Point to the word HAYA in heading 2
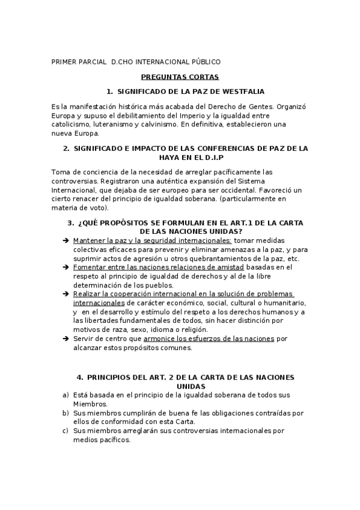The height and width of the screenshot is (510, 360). click(84, 157)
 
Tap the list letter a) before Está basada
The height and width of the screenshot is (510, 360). click(65, 395)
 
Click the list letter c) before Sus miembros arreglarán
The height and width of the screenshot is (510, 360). click(65, 431)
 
